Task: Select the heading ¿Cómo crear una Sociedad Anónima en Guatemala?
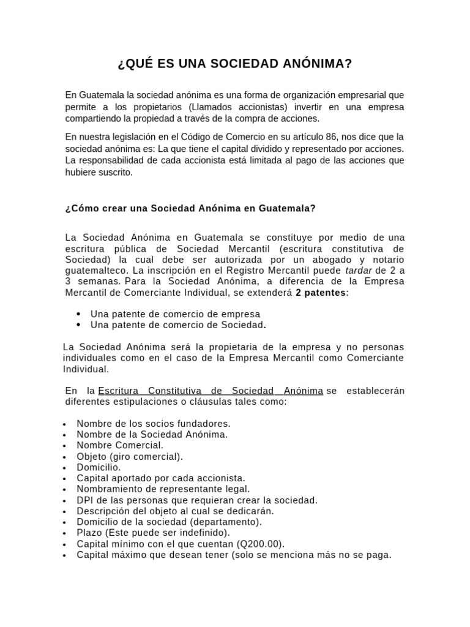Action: (190, 208)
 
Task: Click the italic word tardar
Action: (359, 270)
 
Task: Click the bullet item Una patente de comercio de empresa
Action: (175, 313)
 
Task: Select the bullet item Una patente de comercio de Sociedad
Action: (177, 325)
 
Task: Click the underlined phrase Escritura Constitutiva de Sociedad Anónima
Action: (211, 391)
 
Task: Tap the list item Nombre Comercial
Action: (120, 445)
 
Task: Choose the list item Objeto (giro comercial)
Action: (130, 456)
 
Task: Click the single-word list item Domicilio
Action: (99, 467)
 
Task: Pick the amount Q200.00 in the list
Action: (261, 544)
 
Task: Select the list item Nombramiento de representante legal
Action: (163, 489)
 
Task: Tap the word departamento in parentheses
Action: (225, 522)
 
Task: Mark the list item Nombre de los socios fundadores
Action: (153, 423)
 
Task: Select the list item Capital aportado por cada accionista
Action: (160, 478)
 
